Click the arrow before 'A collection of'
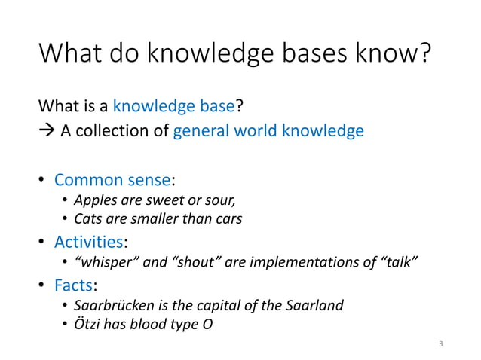point(47,131)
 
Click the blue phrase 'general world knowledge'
point(268,131)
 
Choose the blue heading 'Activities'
point(89,242)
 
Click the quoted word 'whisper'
point(103,262)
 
